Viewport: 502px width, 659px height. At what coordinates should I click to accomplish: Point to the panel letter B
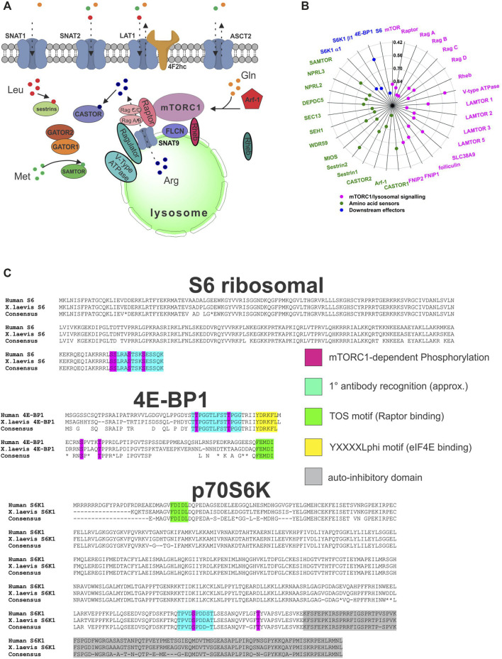pos(286,7)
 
